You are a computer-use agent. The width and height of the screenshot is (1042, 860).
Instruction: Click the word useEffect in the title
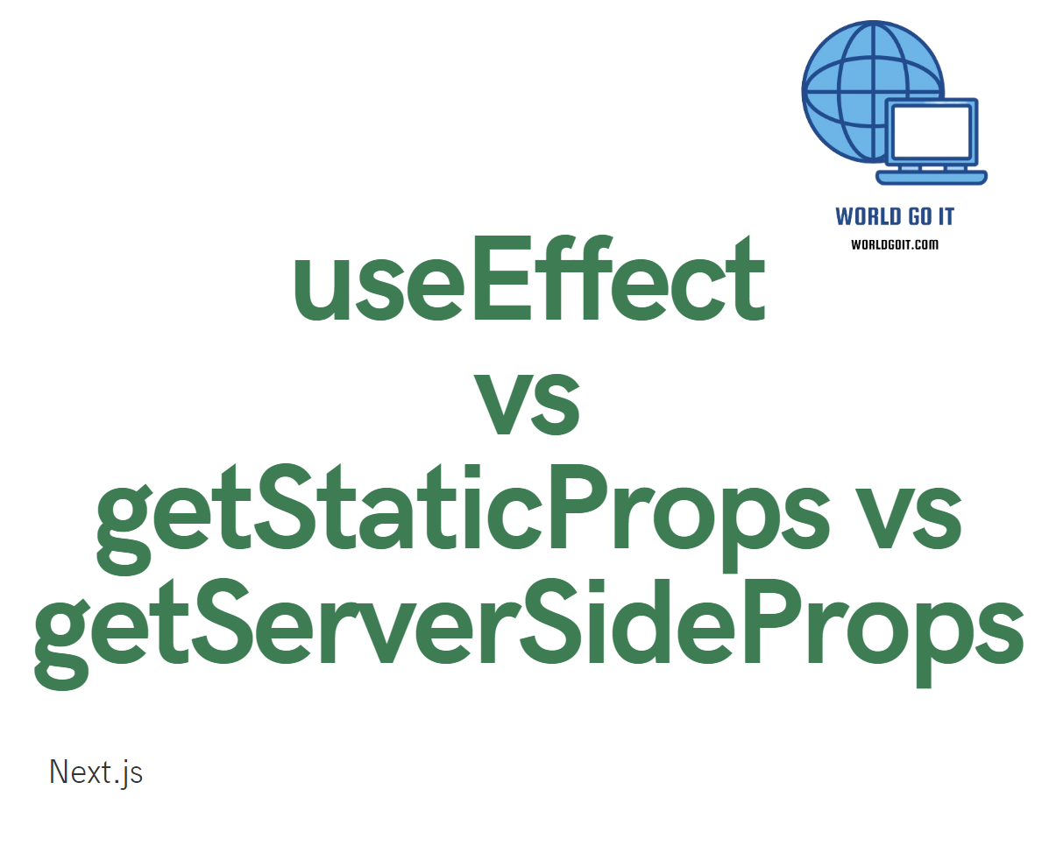tap(528, 281)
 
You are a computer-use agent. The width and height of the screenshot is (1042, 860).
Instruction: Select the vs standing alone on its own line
tap(526, 402)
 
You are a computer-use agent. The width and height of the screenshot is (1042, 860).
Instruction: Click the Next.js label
tap(96, 772)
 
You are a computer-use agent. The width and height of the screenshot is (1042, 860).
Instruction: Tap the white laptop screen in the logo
tap(931, 130)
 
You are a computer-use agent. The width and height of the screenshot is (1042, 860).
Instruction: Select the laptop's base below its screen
tap(932, 178)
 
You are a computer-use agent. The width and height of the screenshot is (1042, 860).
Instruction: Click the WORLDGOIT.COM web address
tap(895, 244)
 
